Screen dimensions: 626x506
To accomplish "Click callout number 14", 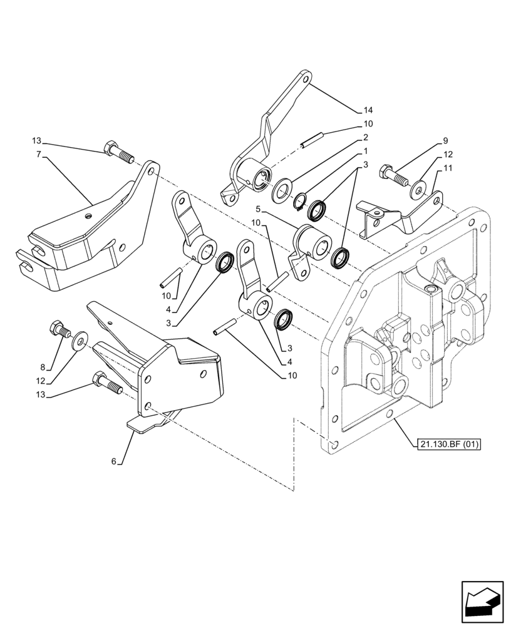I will click(x=368, y=110).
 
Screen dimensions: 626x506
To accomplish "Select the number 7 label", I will click(x=39, y=153).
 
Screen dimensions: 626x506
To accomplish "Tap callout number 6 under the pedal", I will click(x=113, y=461).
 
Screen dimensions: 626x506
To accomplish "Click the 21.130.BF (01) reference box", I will click(x=447, y=445).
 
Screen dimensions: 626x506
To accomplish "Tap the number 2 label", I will click(x=364, y=137).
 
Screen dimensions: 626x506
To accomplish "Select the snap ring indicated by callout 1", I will click(x=300, y=202).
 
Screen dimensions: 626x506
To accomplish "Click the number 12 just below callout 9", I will click(x=448, y=154).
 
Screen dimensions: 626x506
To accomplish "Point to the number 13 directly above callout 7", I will click(x=37, y=140).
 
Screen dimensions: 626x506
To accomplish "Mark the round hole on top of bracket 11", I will click(x=378, y=212).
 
